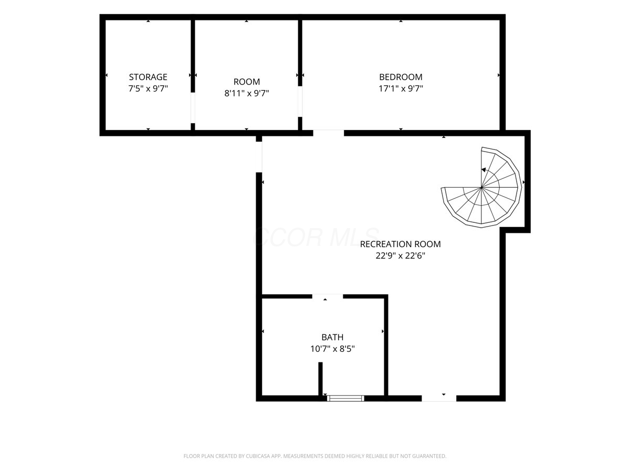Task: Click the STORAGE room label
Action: click(148, 77)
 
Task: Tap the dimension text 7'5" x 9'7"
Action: click(148, 89)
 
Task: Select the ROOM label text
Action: click(247, 82)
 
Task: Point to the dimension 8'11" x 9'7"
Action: click(247, 93)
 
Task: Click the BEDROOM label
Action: click(401, 77)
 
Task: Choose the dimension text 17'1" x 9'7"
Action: click(401, 89)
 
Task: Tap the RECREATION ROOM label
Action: click(400, 244)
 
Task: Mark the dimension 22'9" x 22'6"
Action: click(400, 255)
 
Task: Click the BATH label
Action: click(332, 337)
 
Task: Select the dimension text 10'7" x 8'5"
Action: click(332, 349)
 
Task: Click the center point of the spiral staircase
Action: click(481, 187)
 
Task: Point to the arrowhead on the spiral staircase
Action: click(484, 169)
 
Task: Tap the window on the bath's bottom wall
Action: click(345, 398)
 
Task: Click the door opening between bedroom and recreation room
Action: click(328, 133)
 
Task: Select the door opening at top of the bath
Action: click(328, 296)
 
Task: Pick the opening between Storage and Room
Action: click(193, 108)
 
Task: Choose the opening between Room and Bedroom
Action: click(300, 101)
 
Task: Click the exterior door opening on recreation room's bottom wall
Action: click(439, 398)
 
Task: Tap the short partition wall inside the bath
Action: click(320, 379)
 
